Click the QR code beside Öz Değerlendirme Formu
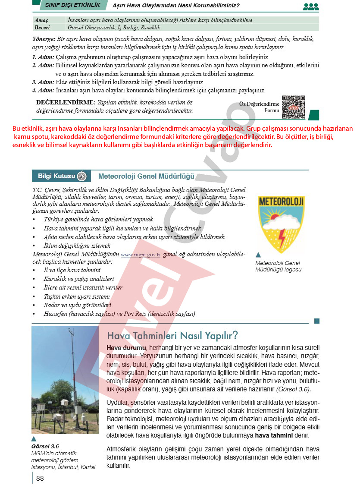pyautogui.click(x=293, y=107)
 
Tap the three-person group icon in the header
pyautogui.click(x=310, y=6)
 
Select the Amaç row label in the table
pyautogui.click(x=41, y=20)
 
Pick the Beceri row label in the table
pyautogui.click(x=42, y=27)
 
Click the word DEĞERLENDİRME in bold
pyautogui.click(x=66, y=103)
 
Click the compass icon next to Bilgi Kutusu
pyautogui.click(x=82, y=176)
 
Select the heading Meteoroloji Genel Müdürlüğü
pyautogui.click(x=146, y=176)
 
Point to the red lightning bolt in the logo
pyautogui.click(x=282, y=237)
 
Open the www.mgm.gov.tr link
pyautogui.click(x=141, y=255)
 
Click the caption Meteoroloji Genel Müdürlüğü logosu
pyautogui.click(x=278, y=266)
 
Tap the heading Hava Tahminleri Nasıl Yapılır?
pyautogui.click(x=172, y=335)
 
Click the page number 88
pyautogui.click(x=40, y=478)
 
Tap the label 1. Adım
pyautogui.click(x=43, y=57)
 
